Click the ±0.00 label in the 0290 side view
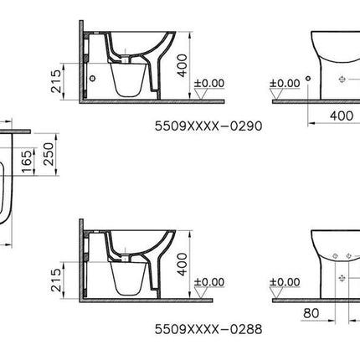[209, 83]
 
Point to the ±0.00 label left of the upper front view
[286, 83]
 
